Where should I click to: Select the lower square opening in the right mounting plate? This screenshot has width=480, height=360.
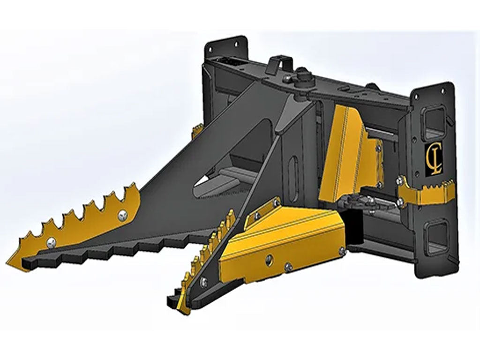[x=435, y=236]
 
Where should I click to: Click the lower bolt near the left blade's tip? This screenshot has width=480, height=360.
[x=51, y=242]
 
